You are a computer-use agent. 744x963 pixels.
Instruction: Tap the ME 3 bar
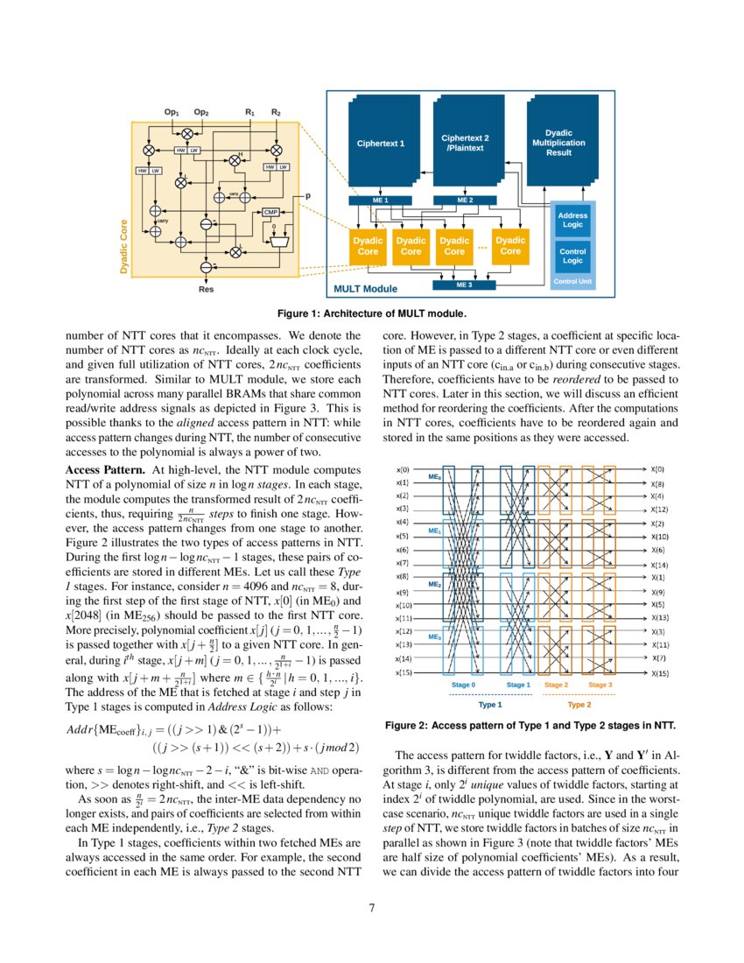(464, 285)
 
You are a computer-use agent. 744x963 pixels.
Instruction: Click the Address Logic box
(572, 221)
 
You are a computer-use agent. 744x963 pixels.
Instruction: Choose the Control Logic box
(572, 256)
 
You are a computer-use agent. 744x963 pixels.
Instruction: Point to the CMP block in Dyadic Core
(270, 212)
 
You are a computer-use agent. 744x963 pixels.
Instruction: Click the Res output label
(207, 287)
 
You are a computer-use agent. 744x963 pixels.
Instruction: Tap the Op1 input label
(172, 112)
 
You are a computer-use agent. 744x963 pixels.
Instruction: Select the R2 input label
(276, 112)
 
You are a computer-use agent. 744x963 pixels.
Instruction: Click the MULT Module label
(365, 288)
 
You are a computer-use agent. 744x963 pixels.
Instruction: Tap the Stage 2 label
(556, 684)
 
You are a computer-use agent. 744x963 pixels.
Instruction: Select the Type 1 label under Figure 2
(490, 704)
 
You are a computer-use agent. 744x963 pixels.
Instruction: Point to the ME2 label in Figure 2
(434, 584)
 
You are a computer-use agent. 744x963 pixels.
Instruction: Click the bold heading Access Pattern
(105, 470)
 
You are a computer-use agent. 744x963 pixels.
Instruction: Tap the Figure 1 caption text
(372, 313)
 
